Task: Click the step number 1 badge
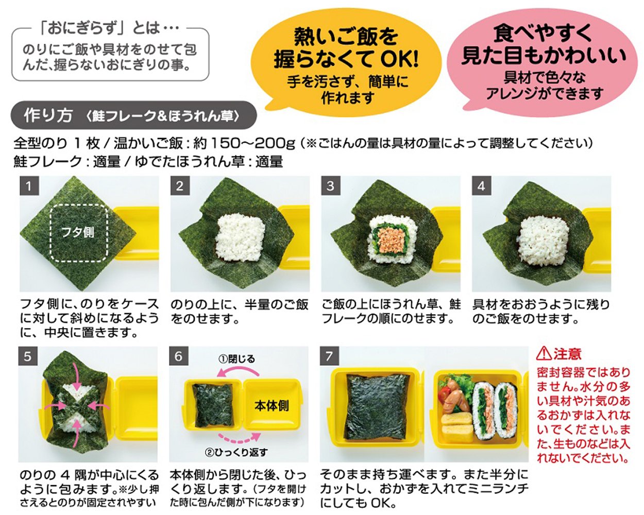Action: tap(29, 186)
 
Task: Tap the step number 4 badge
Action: tap(481, 186)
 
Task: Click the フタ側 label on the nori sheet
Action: tap(78, 232)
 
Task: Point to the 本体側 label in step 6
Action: tap(271, 406)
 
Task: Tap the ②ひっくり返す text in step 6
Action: tap(236, 453)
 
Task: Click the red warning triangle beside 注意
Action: tap(544, 354)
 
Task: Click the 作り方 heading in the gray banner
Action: tap(48, 115)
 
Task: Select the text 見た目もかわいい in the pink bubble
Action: tap(544, 56)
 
